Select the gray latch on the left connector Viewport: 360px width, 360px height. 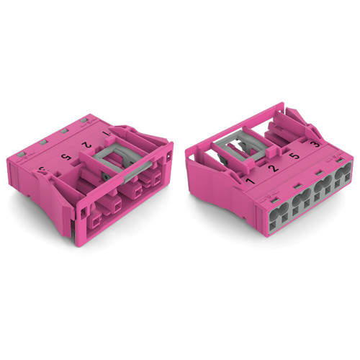pos(122,155)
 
